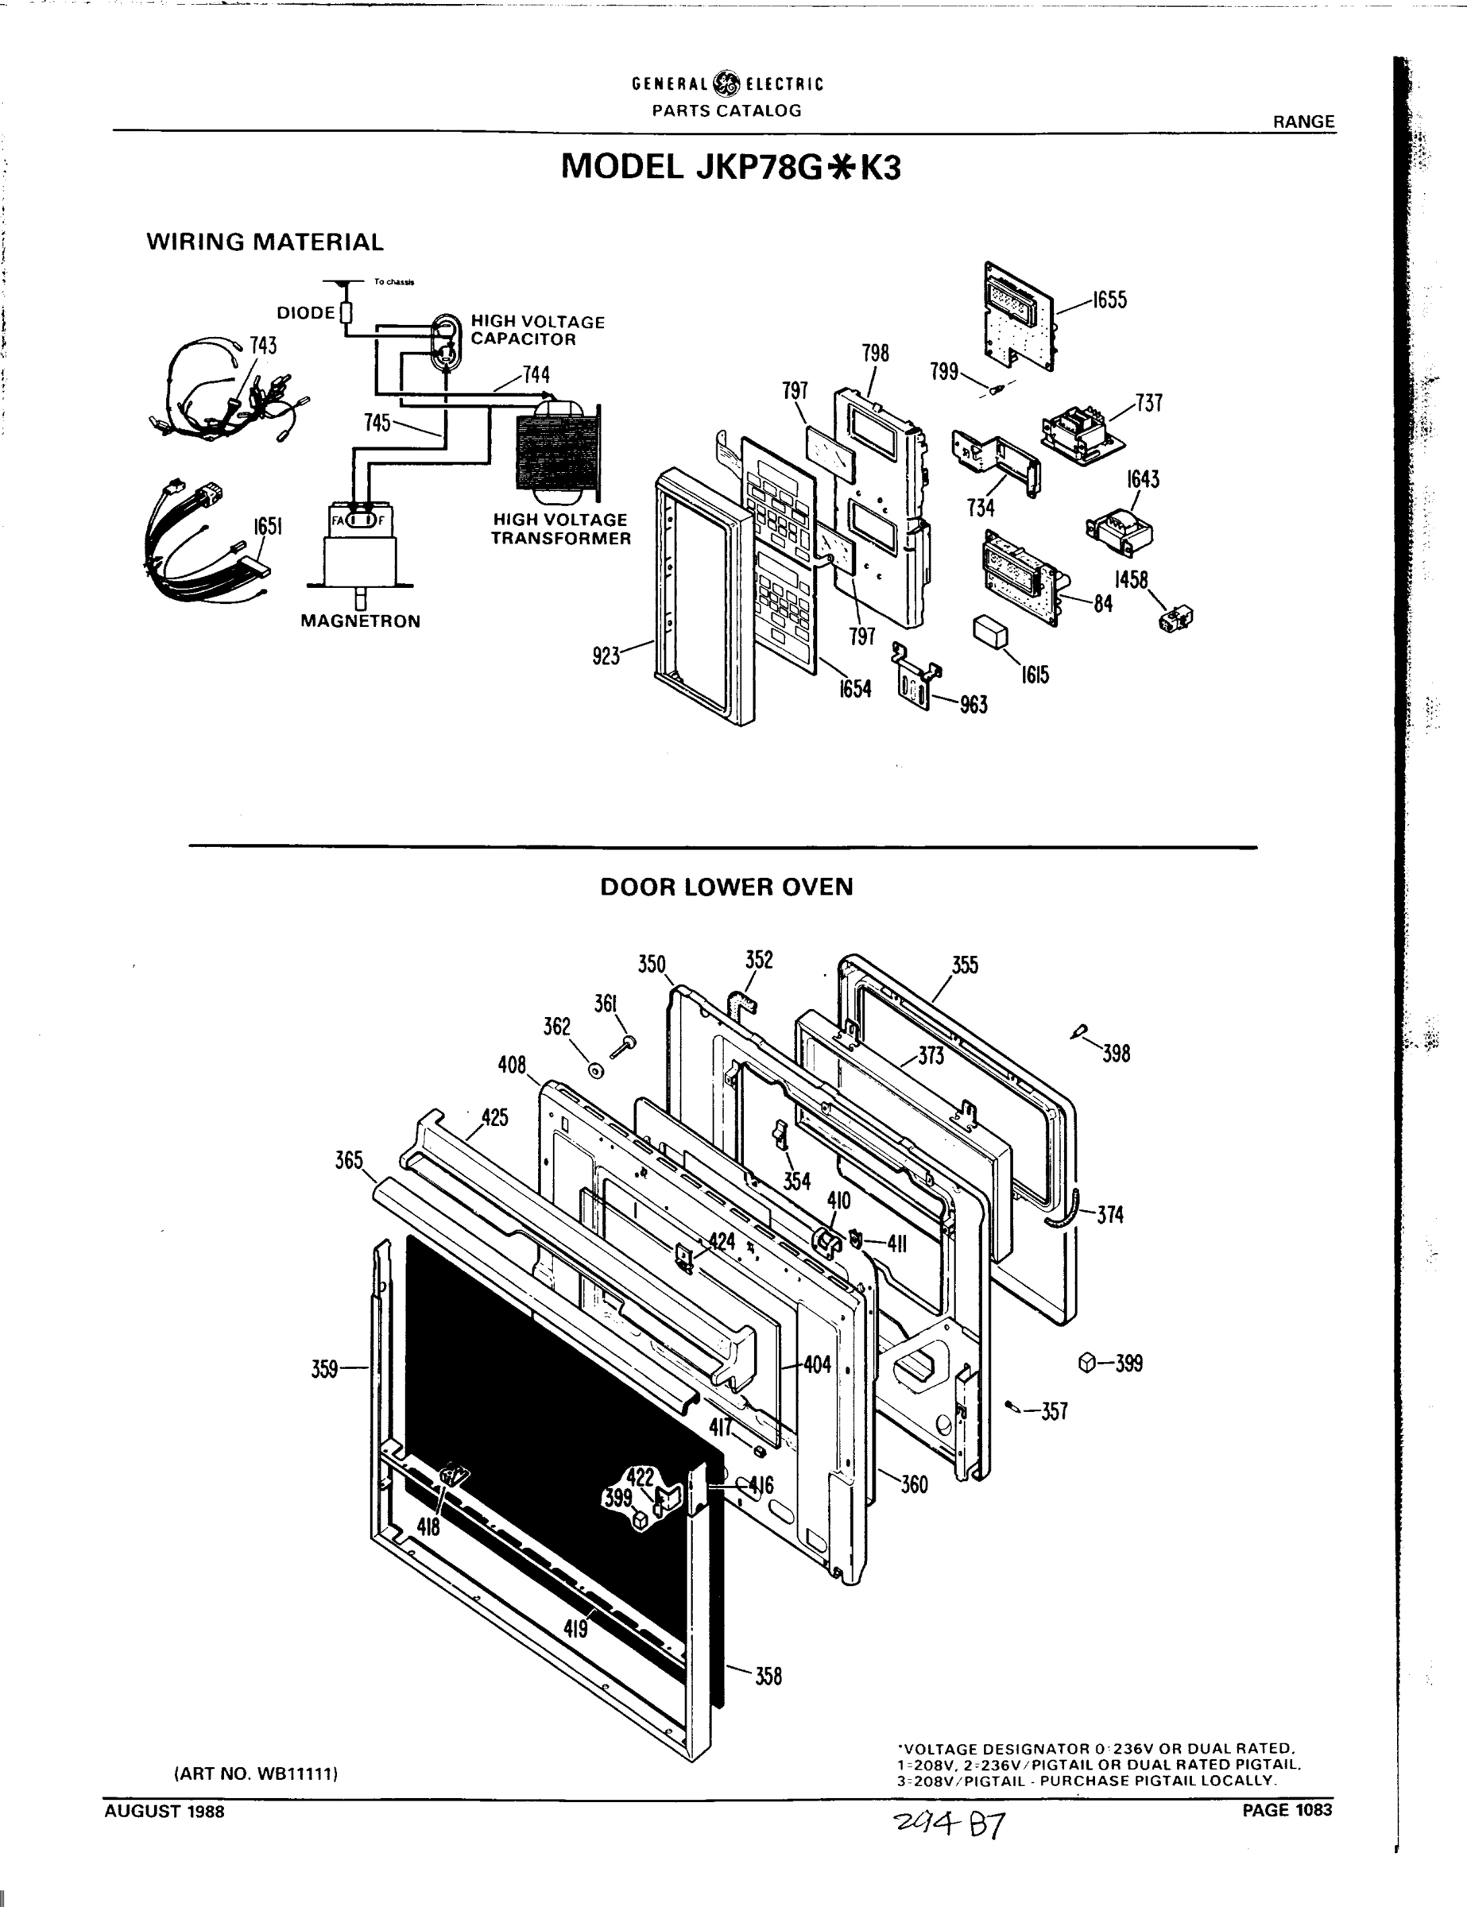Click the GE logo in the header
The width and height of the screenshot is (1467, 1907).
[x=726, y=83]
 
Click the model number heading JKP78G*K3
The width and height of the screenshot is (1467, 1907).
[x=730, y=167]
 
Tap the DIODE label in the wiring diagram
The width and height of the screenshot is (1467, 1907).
[x=306, y=312]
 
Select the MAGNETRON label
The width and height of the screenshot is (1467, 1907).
[x=360, y=621]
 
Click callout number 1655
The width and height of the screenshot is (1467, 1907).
[x=1110, y=300]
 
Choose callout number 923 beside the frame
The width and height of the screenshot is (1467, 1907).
[x=606, y=656]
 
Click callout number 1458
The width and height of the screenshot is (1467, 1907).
[x=1131, y=580]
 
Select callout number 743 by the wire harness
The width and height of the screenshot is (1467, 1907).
[x=263, y=346]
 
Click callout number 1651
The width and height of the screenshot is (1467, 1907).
[x=268, y=527]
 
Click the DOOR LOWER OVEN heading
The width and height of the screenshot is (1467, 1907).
[x=726, y=887]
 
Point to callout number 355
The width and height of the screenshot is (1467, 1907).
[x=965, y=965]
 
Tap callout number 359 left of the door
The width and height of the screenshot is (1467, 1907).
[x=324, y=1369]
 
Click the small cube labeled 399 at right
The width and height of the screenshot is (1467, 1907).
[x=1086, y=1362]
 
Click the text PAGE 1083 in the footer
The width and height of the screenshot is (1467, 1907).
[x=1287, y=1810]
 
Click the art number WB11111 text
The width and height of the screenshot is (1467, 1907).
[x=256, y=1774]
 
